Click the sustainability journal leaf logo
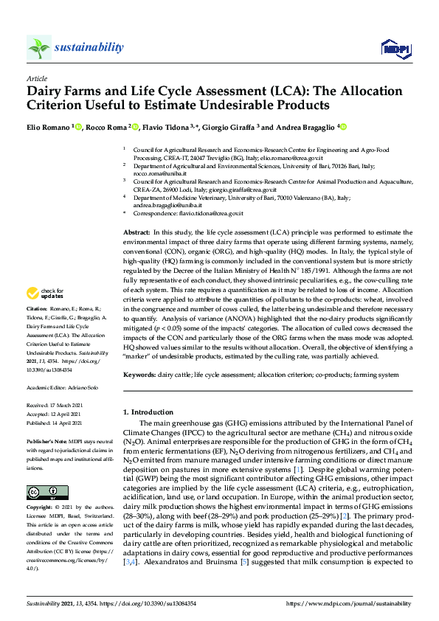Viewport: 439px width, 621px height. point(38,48)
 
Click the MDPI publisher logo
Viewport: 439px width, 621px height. point(395,49)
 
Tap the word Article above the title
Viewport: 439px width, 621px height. point(36,77)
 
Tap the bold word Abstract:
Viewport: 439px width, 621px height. point(137,232)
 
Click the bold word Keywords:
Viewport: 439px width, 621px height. point(140,375)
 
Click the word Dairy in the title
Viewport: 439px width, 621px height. point(45,92)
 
